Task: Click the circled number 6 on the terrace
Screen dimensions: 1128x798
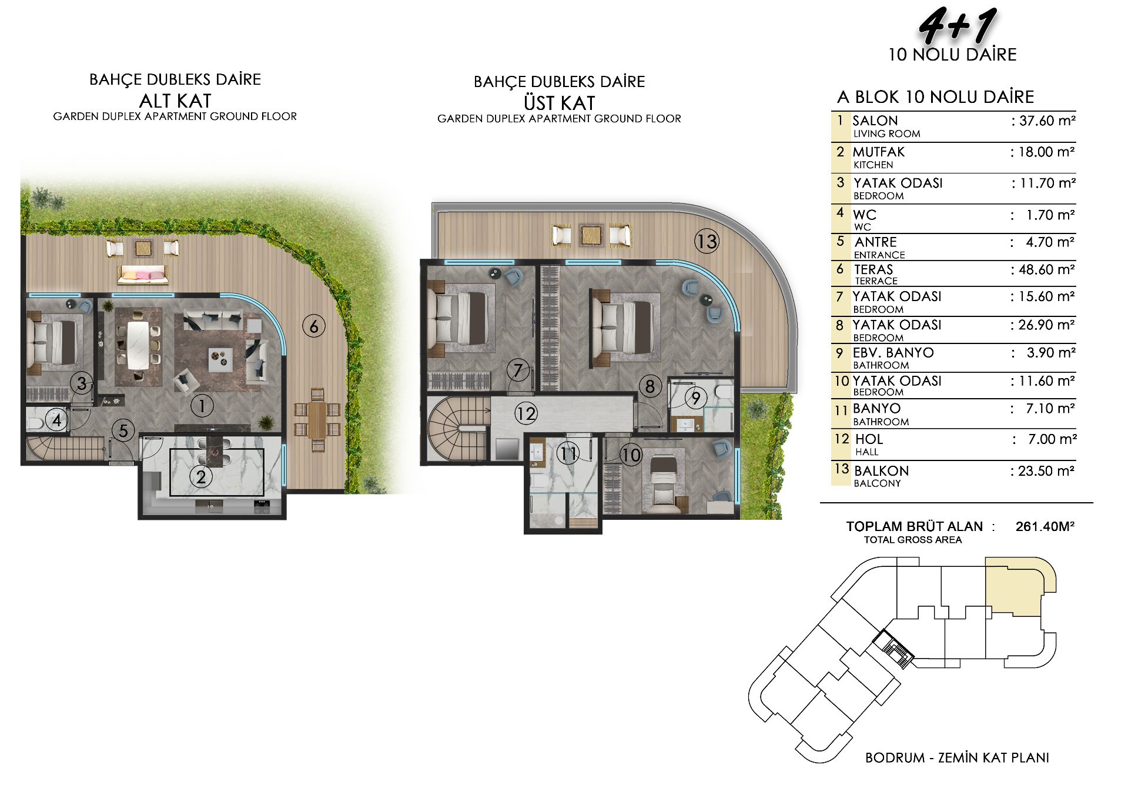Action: pyautogui.click(x=314, y=326)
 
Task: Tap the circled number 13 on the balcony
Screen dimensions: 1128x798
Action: pyautogui.click(x=707, y=241)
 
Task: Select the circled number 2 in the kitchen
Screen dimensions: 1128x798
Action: pyautogui.click(x=201, y=476)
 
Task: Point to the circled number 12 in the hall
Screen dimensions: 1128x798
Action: pyautogui.click(x=525, y=413)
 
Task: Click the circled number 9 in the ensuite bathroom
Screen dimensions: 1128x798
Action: pyautogui.click(x=696, y=398)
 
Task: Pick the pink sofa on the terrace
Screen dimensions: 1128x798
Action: pyautogui.click(x=143, y=274)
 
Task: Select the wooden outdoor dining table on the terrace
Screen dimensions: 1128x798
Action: pyautogui.click(x=317, y=420)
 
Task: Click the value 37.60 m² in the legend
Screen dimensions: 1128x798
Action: pyautogui.click(x=1043, y=121)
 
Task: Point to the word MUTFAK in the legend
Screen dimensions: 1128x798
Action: pyautogui.click(x=879, y=152)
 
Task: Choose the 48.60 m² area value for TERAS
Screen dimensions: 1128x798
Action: pyautogui.click(x=1043, y=270)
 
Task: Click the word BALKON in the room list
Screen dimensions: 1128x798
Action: pyautogui.click(x=881, y=471)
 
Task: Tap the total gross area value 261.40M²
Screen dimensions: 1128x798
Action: pyautogui.click(x=1045, y=526)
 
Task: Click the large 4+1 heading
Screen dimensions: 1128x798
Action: pyautogui.click(x=957, y=26)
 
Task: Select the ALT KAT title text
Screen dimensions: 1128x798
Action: pyautogui.click(x=175, y=101)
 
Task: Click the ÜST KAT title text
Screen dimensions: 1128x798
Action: pyautogui.click(x=559, y=103)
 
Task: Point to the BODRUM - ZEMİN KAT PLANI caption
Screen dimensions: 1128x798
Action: pyautogui.click(x=957, y=757)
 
